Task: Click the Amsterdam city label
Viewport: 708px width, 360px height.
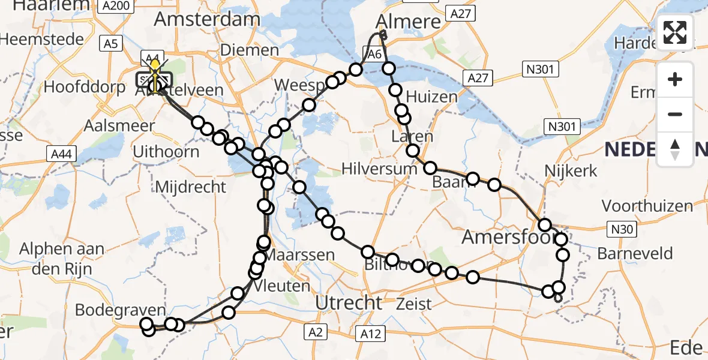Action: [207, 19]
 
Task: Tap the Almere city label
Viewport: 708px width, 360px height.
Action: [408, 22]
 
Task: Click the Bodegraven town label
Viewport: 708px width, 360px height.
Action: [120, 310]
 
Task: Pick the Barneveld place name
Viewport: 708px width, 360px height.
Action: [635, 253]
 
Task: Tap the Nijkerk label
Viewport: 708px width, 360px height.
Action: [571, 171]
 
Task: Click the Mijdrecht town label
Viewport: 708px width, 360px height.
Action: [190, 187]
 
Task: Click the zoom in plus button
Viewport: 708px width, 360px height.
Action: [675, 80]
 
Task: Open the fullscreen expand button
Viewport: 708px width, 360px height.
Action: [675, 32]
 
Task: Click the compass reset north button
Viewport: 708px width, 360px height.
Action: [675, 149]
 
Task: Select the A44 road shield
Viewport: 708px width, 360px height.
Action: [61, 154]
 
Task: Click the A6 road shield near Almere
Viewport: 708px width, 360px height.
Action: [375, 54]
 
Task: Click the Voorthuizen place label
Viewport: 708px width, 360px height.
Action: [647, 206]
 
